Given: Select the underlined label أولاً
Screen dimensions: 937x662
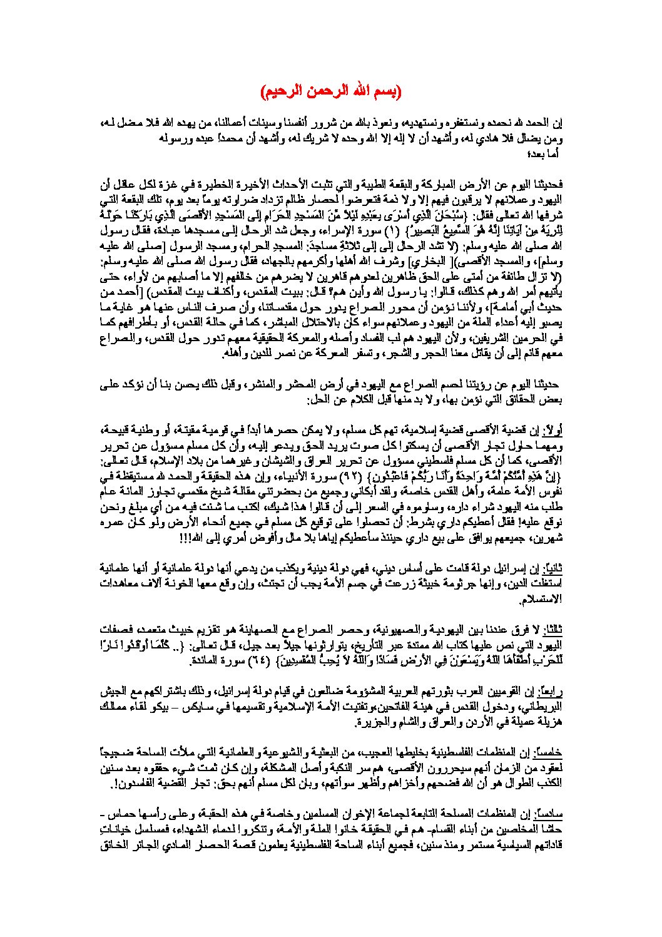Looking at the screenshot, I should [x=551, y=432].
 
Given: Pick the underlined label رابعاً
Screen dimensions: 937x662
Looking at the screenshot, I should [x=551, y=692].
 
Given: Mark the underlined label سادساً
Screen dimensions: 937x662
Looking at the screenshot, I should [x=549, y=814].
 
